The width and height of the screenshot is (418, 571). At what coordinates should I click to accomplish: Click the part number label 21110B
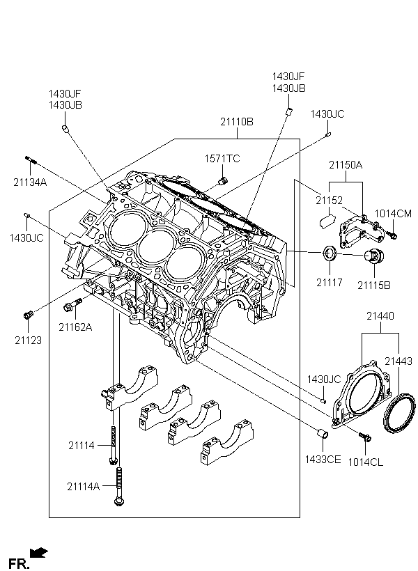click(237, 121)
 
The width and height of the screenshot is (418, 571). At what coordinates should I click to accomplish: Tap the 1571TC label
click(222, 159)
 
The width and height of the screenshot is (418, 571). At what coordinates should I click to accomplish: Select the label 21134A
click(29, 182)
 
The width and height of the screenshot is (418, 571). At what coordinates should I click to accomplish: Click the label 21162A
click(75, 326)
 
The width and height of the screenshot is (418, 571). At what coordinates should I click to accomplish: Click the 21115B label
click(374, 284)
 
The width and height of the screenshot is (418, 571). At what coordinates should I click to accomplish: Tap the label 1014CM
click(394, 213)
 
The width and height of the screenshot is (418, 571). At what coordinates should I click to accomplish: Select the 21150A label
click(346, 165)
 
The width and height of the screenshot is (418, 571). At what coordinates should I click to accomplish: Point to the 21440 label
click(380, 316)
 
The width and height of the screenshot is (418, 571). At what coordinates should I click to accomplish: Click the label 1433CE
click(321, 459)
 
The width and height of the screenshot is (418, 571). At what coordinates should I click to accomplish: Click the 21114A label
click(84, 486)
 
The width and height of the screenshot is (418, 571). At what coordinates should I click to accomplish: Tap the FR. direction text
click(19, 561)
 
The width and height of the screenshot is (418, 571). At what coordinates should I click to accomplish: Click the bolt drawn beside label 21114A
click(121, 487)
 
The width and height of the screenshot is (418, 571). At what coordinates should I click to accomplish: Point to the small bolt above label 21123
click(28, 315)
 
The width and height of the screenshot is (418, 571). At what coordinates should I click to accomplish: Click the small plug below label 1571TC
click(222, 181)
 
